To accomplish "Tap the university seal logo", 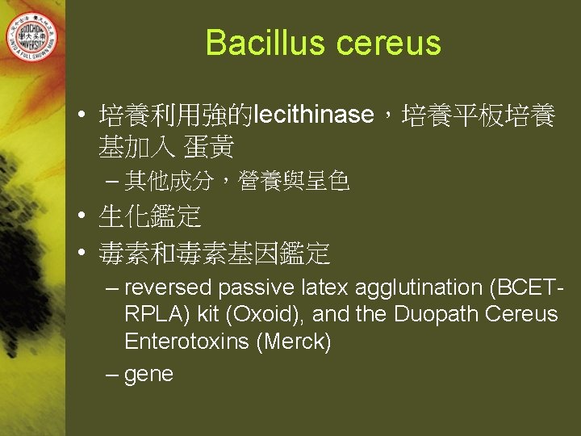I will click(33, 34).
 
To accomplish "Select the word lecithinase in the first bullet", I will click(313, 115).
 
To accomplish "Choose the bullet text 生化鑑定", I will click(149, 216).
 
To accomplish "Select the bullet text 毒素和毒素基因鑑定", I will click(214, 253).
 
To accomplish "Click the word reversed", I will click(169, 287).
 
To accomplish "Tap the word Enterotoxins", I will click(186, 342).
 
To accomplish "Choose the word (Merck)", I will click(294, 342).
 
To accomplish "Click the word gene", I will click(149, 375).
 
